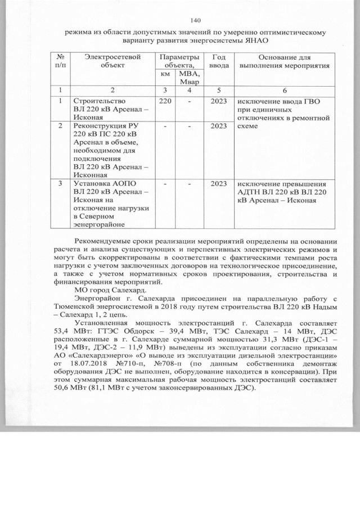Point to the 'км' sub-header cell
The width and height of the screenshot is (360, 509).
point(165,74)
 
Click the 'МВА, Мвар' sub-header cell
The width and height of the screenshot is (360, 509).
point(187,78)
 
